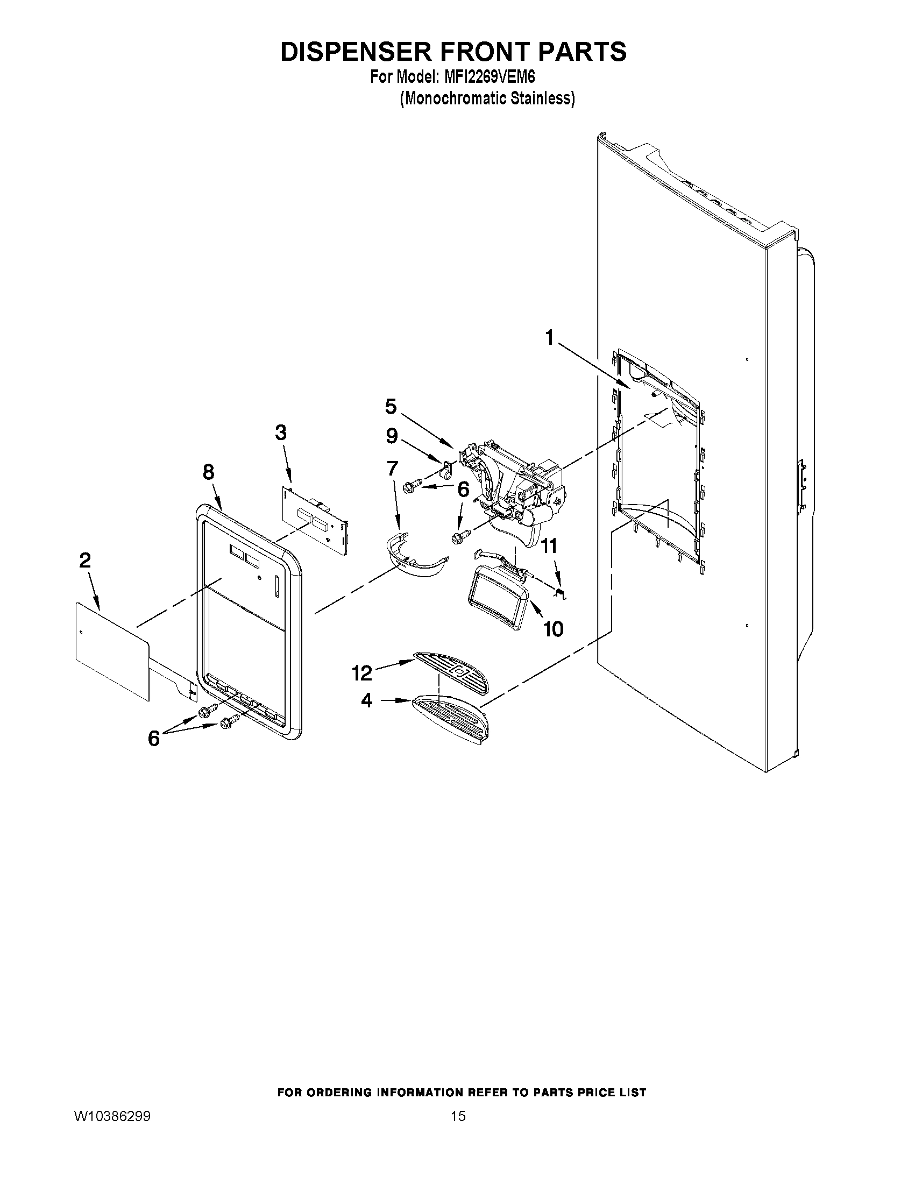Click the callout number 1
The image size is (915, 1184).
550,338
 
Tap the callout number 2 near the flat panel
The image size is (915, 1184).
84,561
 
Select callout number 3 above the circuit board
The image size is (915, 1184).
280,433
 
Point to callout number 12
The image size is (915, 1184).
361,673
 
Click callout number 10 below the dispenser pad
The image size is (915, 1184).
553,629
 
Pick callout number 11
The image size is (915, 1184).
549,546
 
